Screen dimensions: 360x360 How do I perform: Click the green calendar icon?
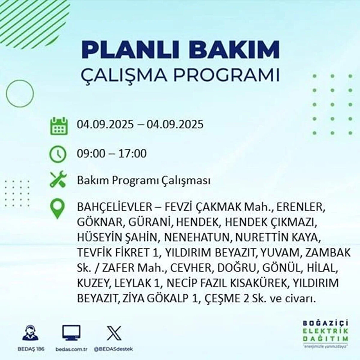point(58,126)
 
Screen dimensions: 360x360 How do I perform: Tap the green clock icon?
point(58,154)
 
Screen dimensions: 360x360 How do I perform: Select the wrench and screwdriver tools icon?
point(58,179)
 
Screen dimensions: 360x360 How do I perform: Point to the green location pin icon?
point(57,209)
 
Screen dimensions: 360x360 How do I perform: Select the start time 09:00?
point(91,154)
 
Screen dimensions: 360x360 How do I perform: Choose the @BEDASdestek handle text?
point(113,349)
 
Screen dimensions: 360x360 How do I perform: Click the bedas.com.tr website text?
point(71,349)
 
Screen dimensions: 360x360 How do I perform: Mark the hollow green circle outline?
point(20,94)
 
